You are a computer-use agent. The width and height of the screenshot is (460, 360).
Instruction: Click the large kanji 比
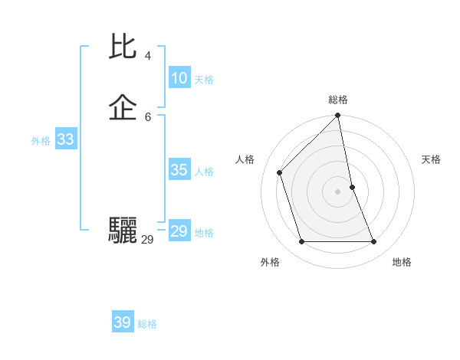(124, 47)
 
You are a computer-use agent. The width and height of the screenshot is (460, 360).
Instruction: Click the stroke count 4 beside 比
(148, 56)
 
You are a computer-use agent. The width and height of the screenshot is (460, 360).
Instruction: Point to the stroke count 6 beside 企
(148, 116)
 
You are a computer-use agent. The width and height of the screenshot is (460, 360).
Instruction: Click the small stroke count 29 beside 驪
(147, 240)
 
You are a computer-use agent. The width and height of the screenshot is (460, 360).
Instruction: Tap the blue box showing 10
(179, 78)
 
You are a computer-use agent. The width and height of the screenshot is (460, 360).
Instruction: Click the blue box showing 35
(179, 170)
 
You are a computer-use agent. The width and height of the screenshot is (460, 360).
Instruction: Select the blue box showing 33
(66, 139)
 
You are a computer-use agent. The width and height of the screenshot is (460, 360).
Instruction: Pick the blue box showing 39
(123, 322)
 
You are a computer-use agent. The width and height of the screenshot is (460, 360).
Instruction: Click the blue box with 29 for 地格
(179, 231)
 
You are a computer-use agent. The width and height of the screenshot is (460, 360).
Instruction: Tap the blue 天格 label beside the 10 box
(204, 80)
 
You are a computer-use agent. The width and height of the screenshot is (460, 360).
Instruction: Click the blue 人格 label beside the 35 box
(204, 172)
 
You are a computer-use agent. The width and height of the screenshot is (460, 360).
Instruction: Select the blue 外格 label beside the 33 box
(41, 141)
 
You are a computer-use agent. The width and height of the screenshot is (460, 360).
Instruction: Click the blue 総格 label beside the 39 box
(147, 324)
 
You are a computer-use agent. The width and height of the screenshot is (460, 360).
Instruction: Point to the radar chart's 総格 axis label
(338, 100)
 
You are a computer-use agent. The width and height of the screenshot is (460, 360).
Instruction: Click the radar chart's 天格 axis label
(431, 159)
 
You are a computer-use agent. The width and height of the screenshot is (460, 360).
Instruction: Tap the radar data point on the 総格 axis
(338, 116)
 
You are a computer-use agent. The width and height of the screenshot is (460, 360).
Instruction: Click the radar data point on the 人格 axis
(280, 172)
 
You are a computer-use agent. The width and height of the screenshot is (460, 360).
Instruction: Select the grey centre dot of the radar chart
(338, 191)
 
